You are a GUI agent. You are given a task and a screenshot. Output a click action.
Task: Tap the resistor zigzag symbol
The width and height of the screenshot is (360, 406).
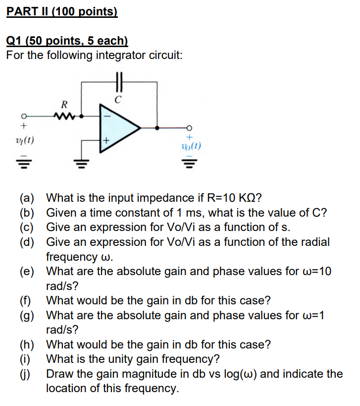(63, 115)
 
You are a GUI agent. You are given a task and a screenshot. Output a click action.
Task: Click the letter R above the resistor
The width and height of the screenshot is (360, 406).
(63, 105)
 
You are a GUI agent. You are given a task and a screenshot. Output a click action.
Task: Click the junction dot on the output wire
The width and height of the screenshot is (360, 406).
(157, 127)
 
